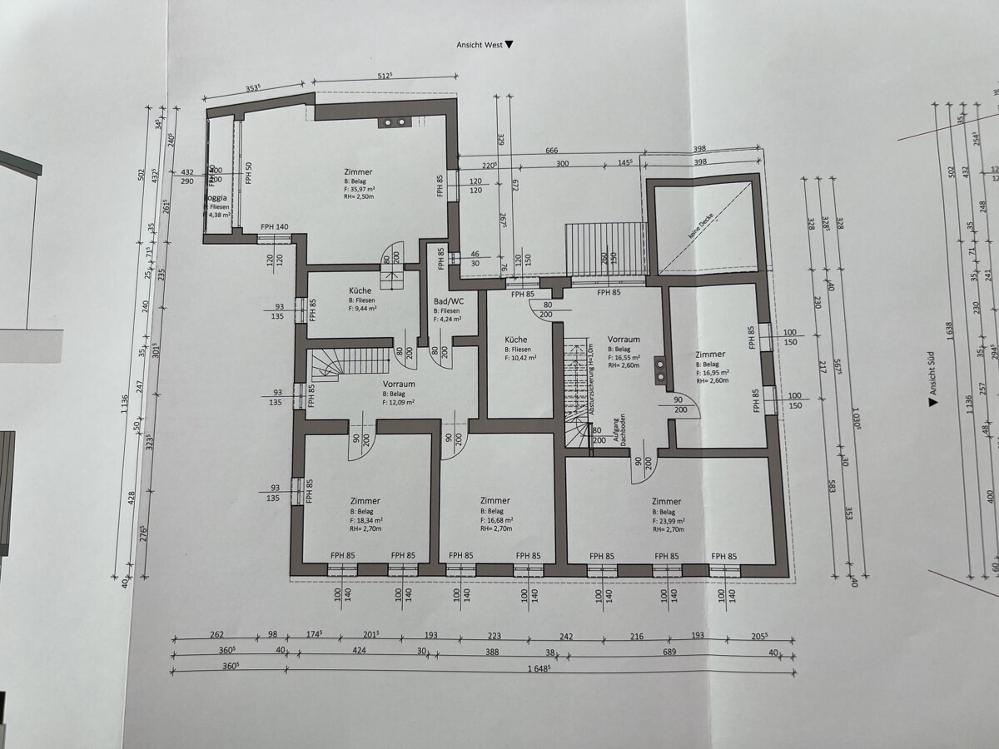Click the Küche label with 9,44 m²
coord(360,291)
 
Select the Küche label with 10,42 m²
coord(515,340)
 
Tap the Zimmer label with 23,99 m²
coord(666,501)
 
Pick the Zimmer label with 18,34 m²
coord(365,501)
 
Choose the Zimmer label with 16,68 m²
coord(495,501)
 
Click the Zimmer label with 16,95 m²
coord(710,354)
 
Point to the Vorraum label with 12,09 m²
coord(399,384)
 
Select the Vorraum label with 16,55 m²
coord(624,340)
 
